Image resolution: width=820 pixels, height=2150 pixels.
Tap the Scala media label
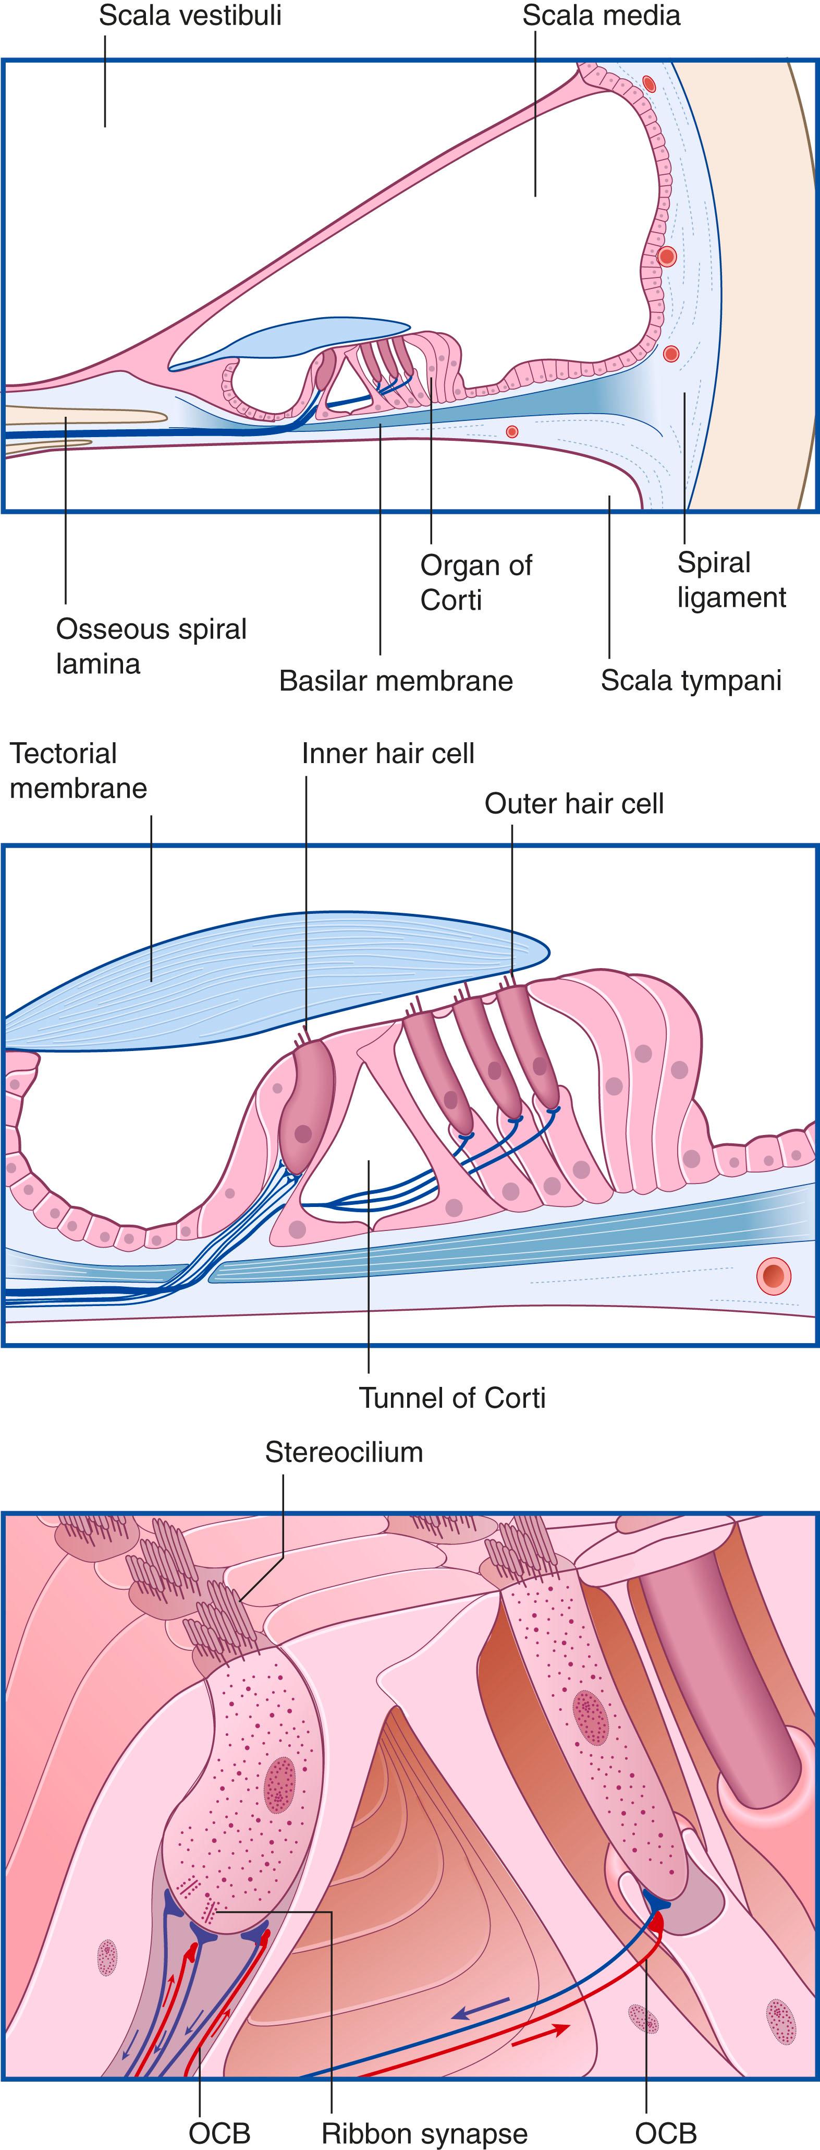(601, 16)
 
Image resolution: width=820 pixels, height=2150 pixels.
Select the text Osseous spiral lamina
(151, 646)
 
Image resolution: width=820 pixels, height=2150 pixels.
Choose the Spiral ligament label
(731, 580)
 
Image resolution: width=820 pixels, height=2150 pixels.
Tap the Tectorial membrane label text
(78, 770)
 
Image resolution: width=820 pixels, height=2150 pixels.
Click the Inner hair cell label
(388, 754)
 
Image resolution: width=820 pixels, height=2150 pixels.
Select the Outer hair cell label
(574, 804)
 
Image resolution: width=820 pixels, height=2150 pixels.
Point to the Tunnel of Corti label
(451, 1397)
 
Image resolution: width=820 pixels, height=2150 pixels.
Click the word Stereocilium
(344, 1452)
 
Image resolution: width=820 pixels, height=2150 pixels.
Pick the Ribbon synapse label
(425, 2133)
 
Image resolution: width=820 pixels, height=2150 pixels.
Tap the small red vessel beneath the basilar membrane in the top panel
(512, 431)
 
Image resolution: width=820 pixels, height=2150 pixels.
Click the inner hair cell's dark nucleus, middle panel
(303, 1133)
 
